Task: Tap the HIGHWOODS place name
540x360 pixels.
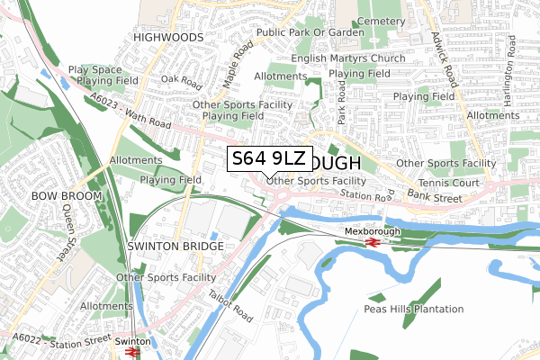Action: point(167,38)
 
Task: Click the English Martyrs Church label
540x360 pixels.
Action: point(347,59)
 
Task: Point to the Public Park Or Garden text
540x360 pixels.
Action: point(310,32)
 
